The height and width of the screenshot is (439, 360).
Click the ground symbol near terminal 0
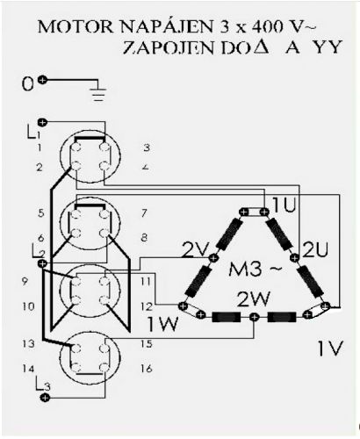click(98, 94)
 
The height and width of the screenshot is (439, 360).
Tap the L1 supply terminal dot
click(43, 122)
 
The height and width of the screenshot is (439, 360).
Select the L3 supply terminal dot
click(45, 398)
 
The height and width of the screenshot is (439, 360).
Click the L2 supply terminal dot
click(42, 263)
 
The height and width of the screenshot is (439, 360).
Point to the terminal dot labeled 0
click(43, 80)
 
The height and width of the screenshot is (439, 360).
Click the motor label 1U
click(284, 205)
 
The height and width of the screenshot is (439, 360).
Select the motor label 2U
click(315, 249)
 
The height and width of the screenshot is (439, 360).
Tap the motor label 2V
click(195, 249)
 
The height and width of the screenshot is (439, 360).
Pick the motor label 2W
click(253, 299)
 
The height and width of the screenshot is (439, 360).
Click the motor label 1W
click(162, 324)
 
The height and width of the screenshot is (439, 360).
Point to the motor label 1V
click(330, 349)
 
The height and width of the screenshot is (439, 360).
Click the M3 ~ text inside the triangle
click(256, 270)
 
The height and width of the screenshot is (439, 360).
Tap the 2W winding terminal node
click(254, 317)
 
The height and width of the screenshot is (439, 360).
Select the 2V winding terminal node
click(213, 258)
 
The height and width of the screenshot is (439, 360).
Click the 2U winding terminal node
click(295, 258)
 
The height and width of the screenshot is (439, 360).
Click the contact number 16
click(147, 369)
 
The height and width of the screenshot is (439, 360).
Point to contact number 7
click(144, 213)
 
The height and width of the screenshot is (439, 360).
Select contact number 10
click(28, 306)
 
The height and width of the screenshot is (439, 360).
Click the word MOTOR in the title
click(76, 27)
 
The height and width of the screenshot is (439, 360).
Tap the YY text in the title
click(328, 47)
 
